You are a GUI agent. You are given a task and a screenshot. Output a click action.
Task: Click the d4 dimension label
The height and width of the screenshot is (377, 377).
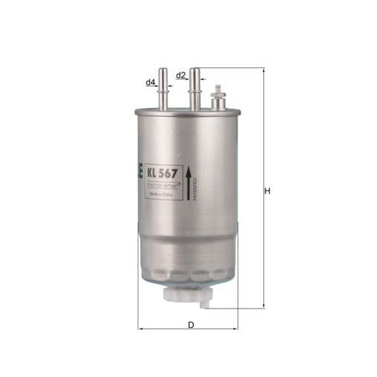click(x=150, y=81)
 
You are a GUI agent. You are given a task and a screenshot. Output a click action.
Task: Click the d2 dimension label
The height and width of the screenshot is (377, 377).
click(x=181, y=75)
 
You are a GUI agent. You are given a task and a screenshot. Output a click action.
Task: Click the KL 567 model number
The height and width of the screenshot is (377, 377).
click(x=162, y=173)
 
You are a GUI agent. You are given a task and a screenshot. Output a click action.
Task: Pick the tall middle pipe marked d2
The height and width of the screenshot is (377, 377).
click(x=195, y=89)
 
